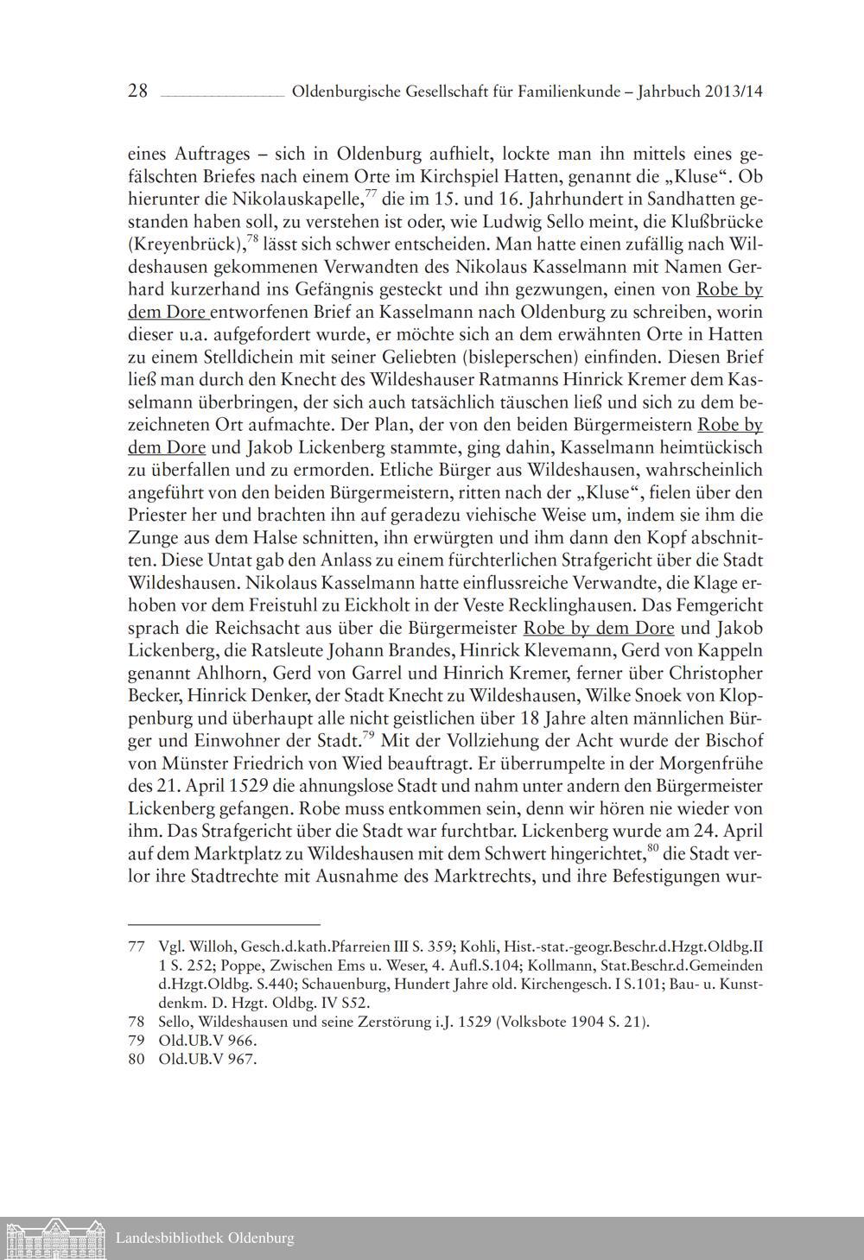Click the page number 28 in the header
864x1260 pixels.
138,91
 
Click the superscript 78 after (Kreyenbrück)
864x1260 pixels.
252,238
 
